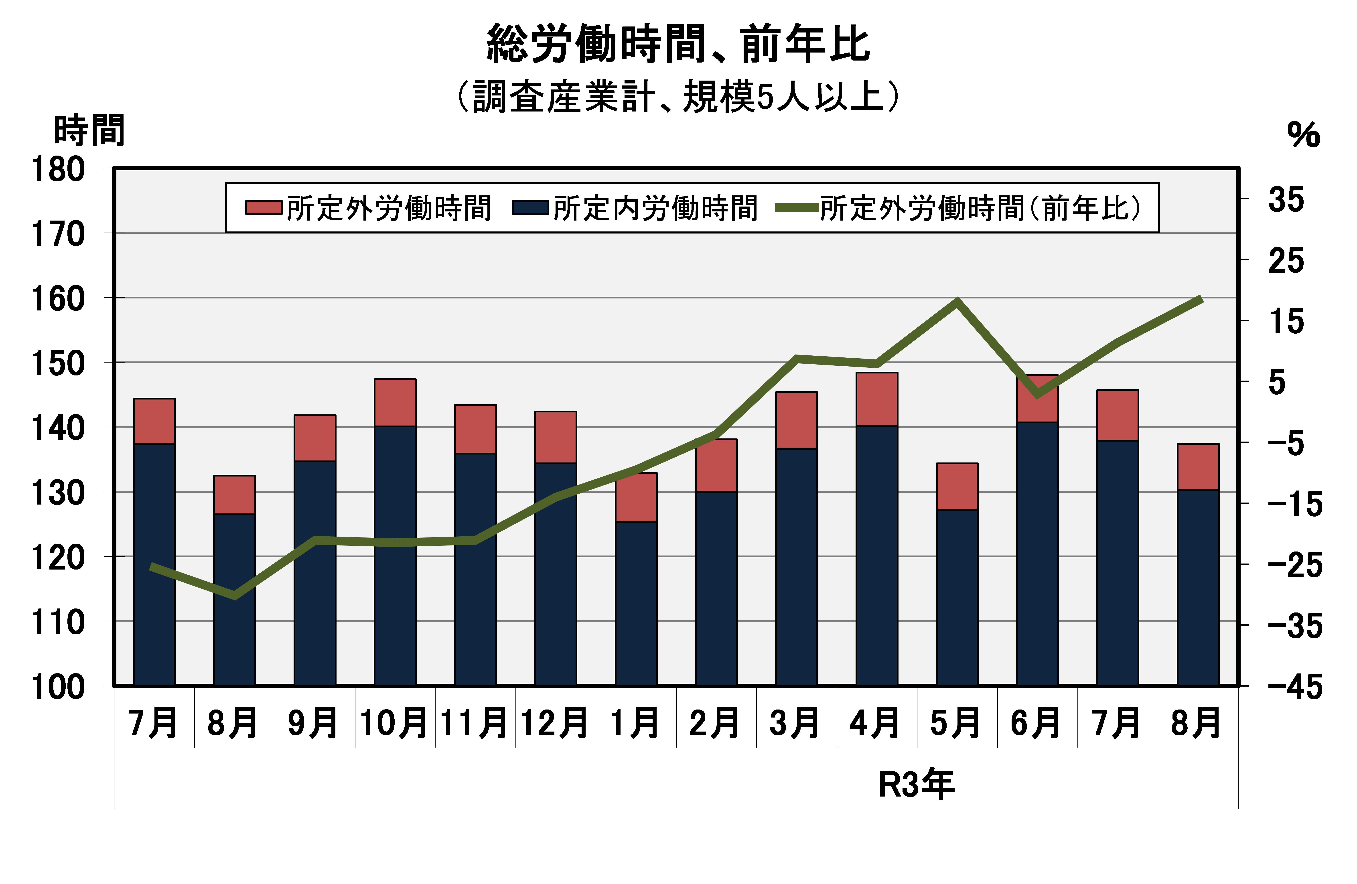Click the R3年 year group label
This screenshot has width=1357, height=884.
916,785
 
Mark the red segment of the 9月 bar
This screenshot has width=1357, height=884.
315,438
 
